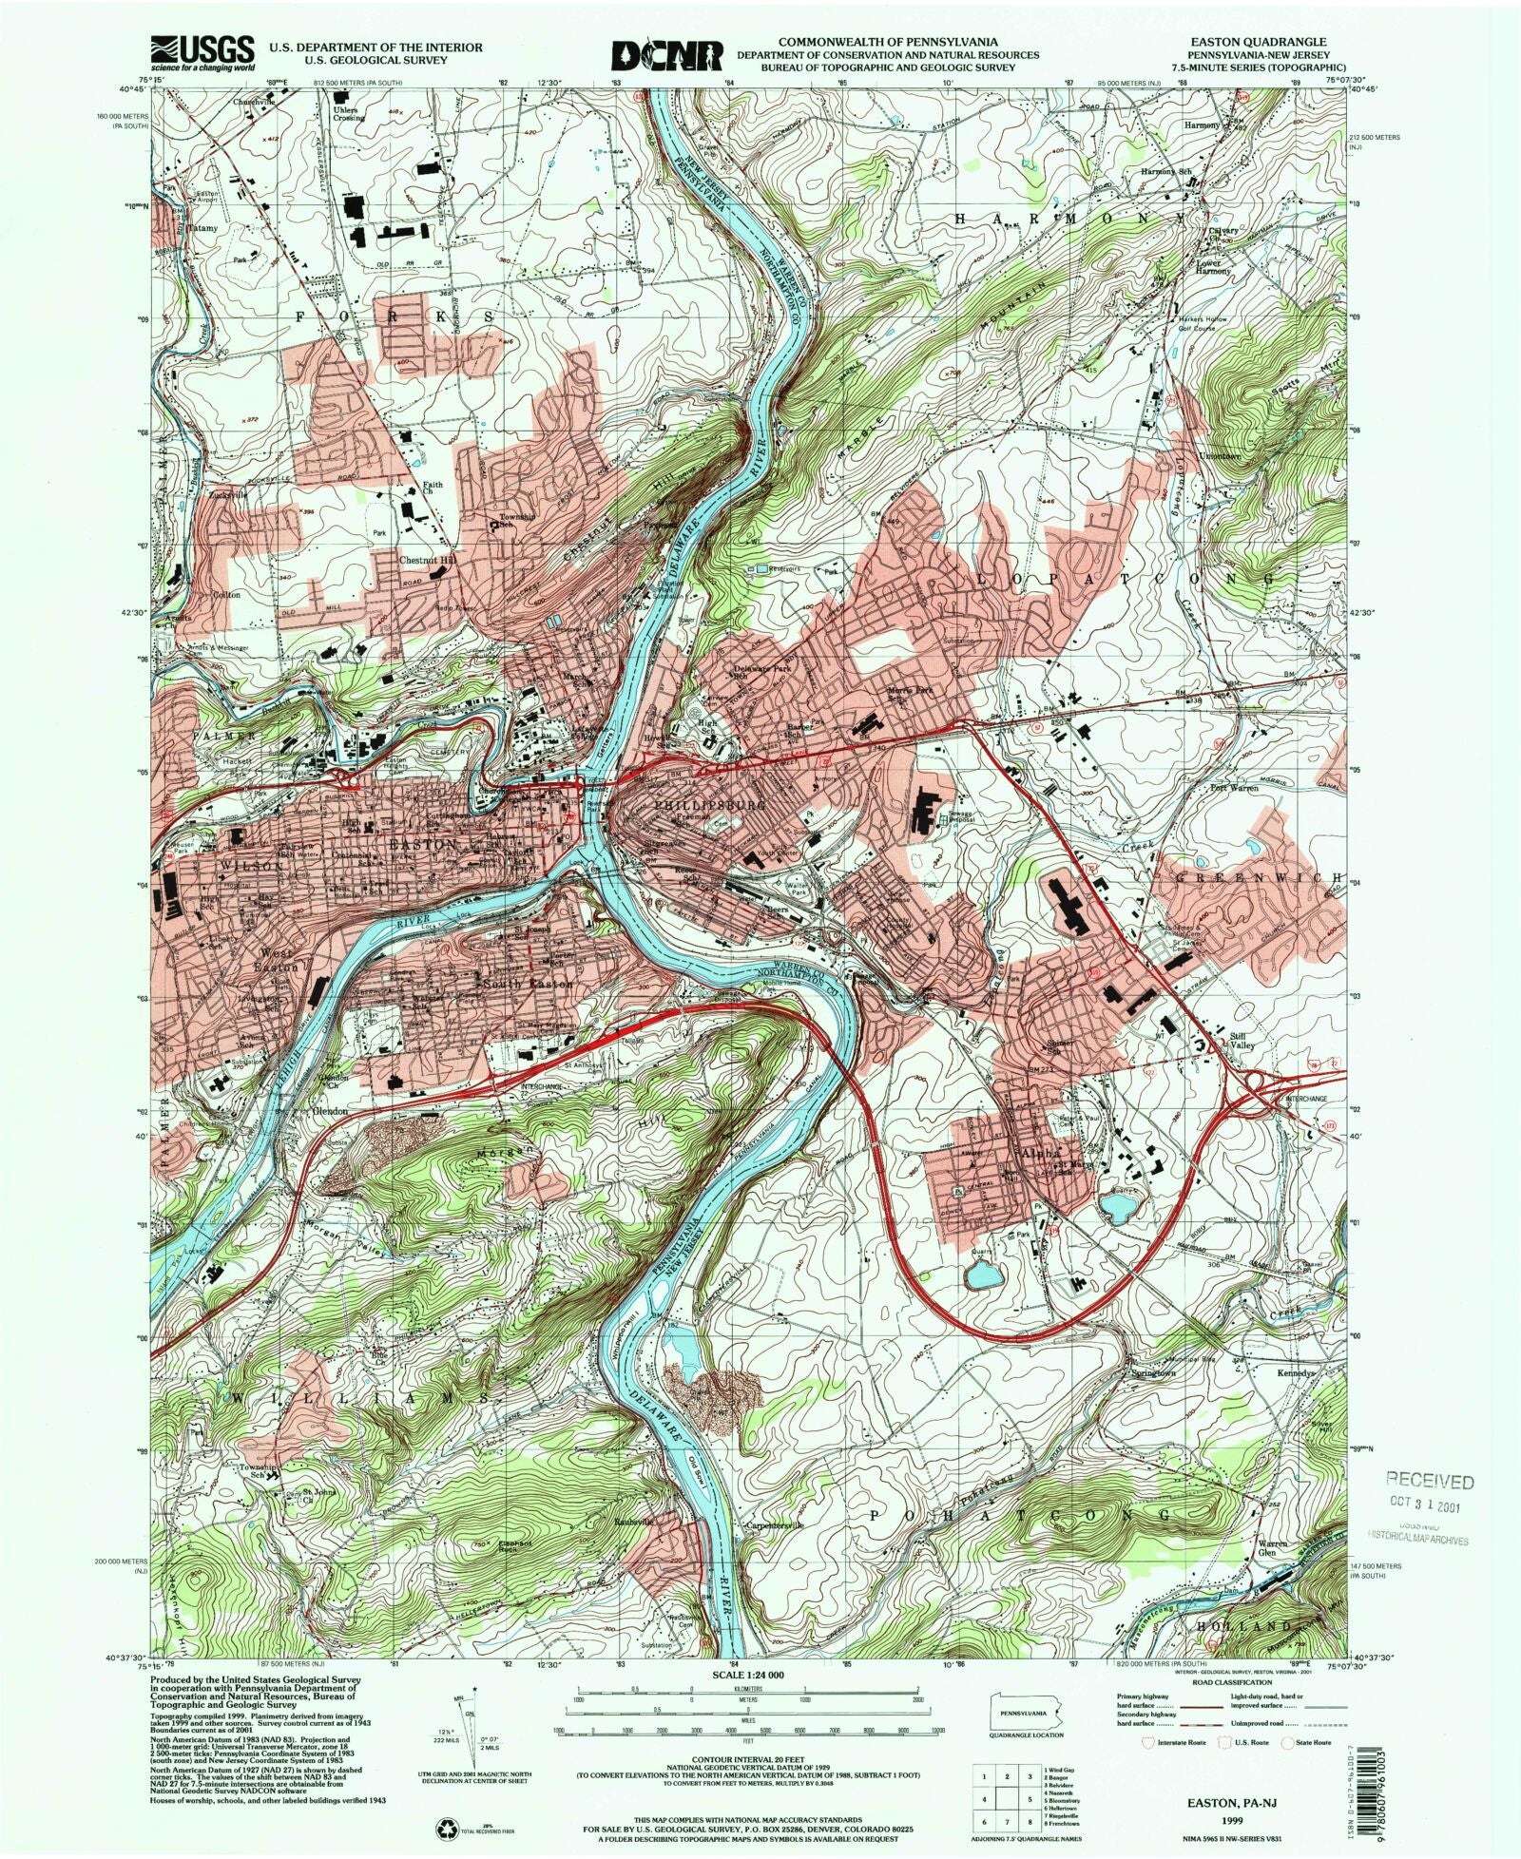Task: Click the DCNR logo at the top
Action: [x=667, y=54]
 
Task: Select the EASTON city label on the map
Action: [x=411, y=844]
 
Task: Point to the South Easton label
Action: [x=529, y=984]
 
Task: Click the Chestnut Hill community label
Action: [x=426, y=562]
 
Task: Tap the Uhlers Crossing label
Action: [x=348, y=112]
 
